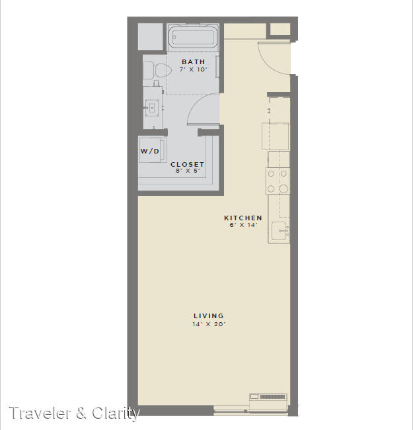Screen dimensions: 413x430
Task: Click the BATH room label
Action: tap(194, 62)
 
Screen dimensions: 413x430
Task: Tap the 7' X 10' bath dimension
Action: tap(194, 69)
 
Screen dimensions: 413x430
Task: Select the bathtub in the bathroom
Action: tap(193, 38)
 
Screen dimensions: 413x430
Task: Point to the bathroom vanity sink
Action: tap(151, 107)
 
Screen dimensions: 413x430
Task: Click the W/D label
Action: tap(149, 151)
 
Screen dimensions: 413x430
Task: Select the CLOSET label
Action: tap(187, 164)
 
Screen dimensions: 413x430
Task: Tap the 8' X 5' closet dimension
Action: tap(188, 171)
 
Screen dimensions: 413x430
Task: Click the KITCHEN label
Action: tap(243, 218)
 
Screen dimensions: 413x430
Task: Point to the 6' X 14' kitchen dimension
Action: tap(243, 225)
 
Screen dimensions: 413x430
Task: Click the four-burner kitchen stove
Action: tap(278, 181)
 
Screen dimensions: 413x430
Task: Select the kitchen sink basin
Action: tap(280, 231)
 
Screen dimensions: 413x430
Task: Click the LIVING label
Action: tap(209, 316)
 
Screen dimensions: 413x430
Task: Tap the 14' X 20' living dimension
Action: tap(209, 324)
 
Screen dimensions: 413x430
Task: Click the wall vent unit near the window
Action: tap(268, 397)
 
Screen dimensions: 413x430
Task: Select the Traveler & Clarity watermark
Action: tap(75, 413)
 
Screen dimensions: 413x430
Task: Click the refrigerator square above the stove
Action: tap(276, 136)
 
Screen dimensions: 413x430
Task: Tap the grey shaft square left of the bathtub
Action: tap(151, 37)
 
